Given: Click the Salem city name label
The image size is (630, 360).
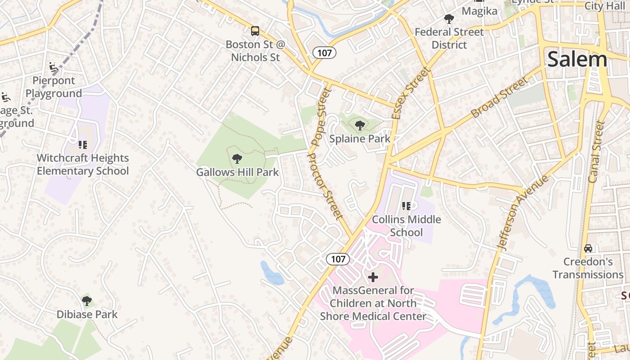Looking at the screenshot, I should pos(577,59).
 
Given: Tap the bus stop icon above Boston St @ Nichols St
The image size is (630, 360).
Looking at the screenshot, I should pos(255,31).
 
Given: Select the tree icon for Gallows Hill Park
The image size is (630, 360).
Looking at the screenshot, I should pos(237,158).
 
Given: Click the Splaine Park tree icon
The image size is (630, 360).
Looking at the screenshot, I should pos(360,126).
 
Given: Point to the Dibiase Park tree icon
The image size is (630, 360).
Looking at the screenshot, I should pos(87,301).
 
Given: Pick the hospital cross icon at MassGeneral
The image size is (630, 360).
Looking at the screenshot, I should pos(373,277).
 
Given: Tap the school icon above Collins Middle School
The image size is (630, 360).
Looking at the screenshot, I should pos(406,206).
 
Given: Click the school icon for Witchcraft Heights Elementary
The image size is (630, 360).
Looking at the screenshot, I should pos(82,144).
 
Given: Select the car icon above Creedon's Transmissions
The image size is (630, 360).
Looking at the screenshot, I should pos(588,248).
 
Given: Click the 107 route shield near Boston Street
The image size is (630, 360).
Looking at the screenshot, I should pos(324,53).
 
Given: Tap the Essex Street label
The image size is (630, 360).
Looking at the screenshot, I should pos(410,93).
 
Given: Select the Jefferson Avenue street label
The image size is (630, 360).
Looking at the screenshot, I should pos(523,213).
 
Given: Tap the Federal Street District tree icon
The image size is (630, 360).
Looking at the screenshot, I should pos(449,18).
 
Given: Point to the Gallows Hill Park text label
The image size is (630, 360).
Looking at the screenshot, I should pos(237,172).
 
